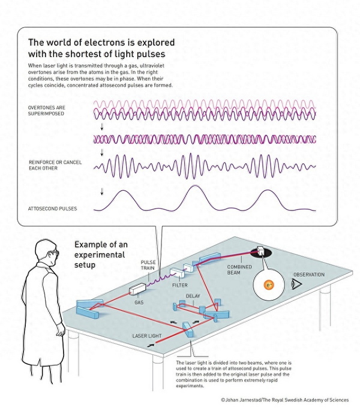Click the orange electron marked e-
tap(269, 285)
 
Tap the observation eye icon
tap(296, 284)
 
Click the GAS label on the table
tap(139, 302)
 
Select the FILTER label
tap(180, 285)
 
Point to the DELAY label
tap(193, 296)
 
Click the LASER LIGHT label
tap(147, 336)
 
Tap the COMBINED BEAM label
tap(239, 270)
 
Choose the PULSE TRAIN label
tap(148, 265)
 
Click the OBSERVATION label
tap(309, 275)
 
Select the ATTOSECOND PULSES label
tap(52, 209)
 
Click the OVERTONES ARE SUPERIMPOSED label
tap(47, 110)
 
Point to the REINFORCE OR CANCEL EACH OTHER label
tap(55, 165)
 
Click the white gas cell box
tap(137, 289)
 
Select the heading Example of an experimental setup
tap(101, 255)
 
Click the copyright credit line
tap(284, 400)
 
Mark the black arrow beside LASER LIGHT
tap(151, 345)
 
